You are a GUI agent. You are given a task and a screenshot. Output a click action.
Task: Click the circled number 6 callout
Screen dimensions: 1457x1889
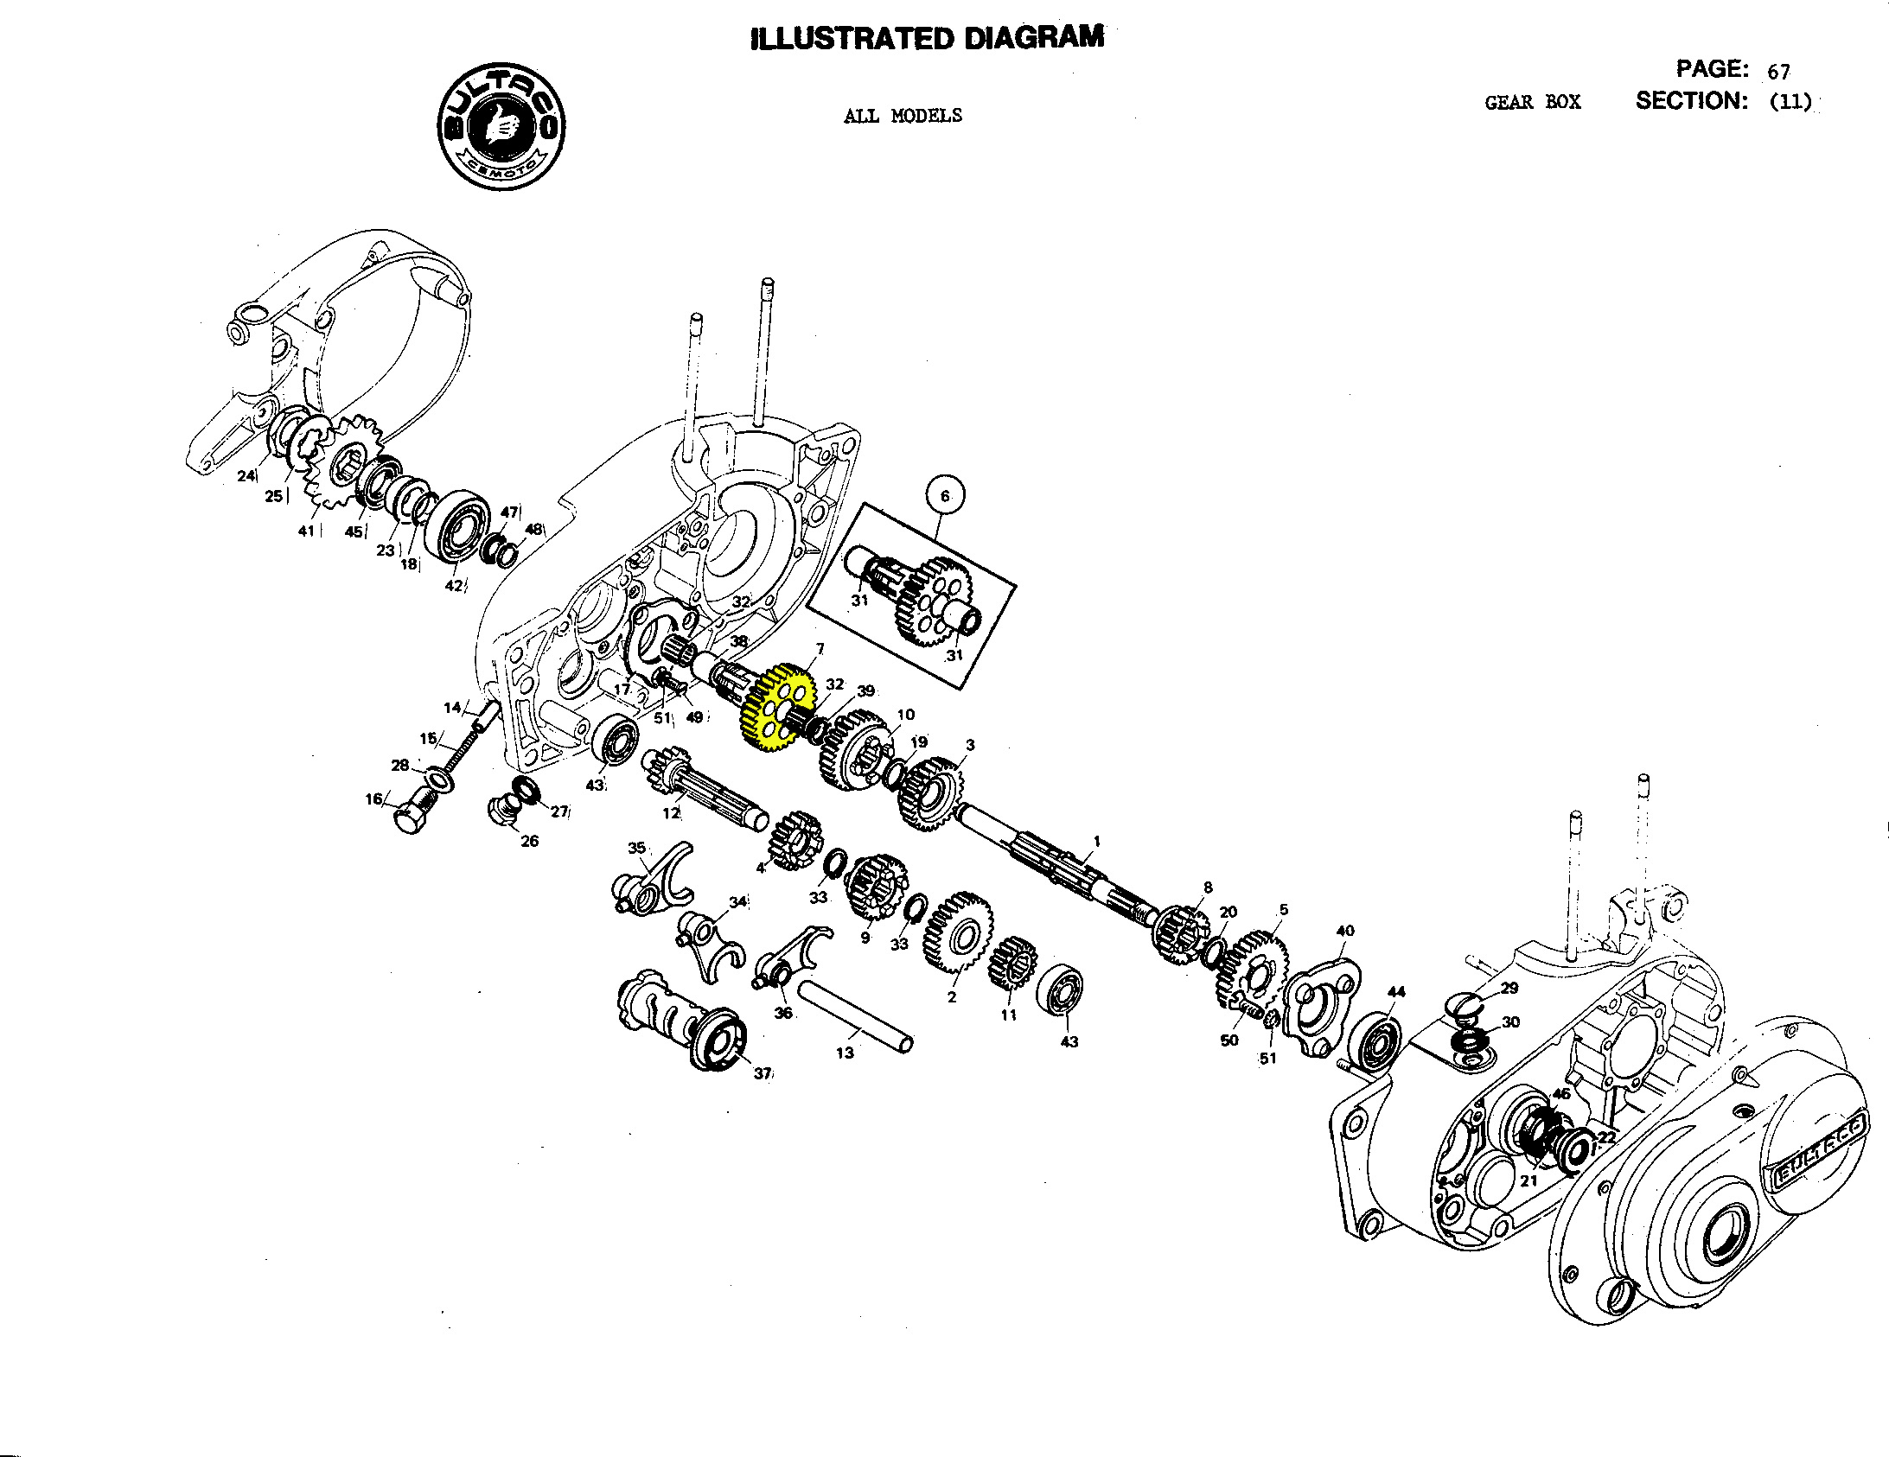click(x=944, y=496)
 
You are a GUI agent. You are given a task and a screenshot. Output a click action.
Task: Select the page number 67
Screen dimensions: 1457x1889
click(x=1778, y=72)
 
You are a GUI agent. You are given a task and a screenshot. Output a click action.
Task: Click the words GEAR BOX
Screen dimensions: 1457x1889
click(x=1532, y=103)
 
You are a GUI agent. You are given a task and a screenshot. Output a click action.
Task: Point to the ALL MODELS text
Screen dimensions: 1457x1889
click(x=902, y=116)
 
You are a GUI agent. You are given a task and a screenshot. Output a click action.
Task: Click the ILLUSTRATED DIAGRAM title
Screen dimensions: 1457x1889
click(x=927, y=39)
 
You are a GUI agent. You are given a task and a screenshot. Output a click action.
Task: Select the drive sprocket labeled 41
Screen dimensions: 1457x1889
click(x=345, y=462)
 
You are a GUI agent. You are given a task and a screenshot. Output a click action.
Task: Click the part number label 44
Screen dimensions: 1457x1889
click(x=1395, y=992)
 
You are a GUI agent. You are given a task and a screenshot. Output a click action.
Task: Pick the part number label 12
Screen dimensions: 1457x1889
click(x=671, y=813)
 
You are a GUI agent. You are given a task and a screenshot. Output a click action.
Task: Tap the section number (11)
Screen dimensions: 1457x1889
click(x=1790, y=102)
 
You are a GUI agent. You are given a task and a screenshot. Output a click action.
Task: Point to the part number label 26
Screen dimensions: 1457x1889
click(x=529, y=841)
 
